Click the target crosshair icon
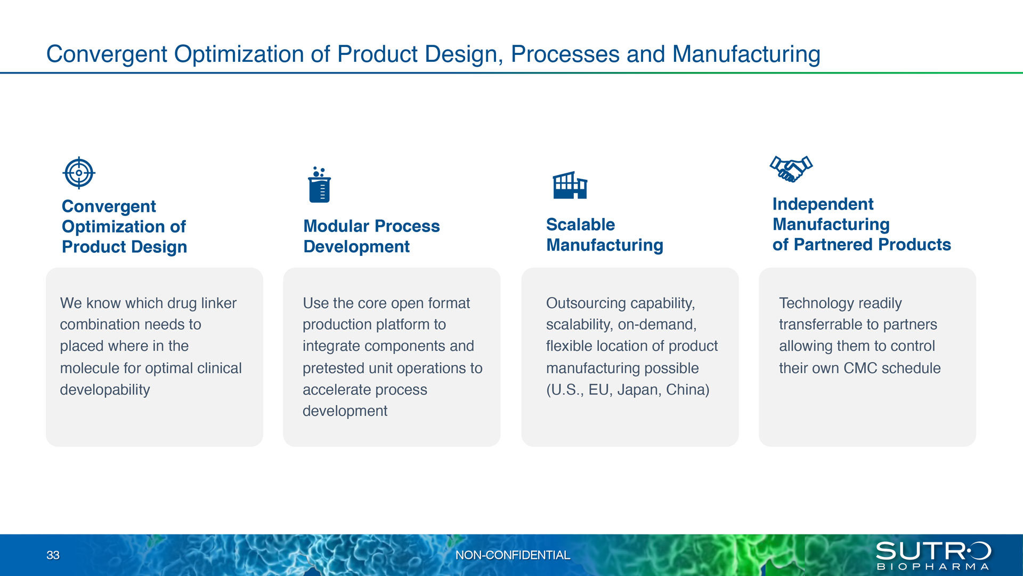tap(79, 173)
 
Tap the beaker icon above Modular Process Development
tap(320, 185)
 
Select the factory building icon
tap(570, 185)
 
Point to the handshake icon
tap(791, 169)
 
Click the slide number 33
tap(53, 555)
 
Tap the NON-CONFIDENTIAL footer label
tap(513, 555)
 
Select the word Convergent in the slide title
tap(107, 54)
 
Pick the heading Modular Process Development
tap(371, 236)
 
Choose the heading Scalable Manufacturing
tap(605, 235)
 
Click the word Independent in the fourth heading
tap(823, 204)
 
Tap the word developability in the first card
tap(105, 390)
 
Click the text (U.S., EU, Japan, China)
tap(628, 390)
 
